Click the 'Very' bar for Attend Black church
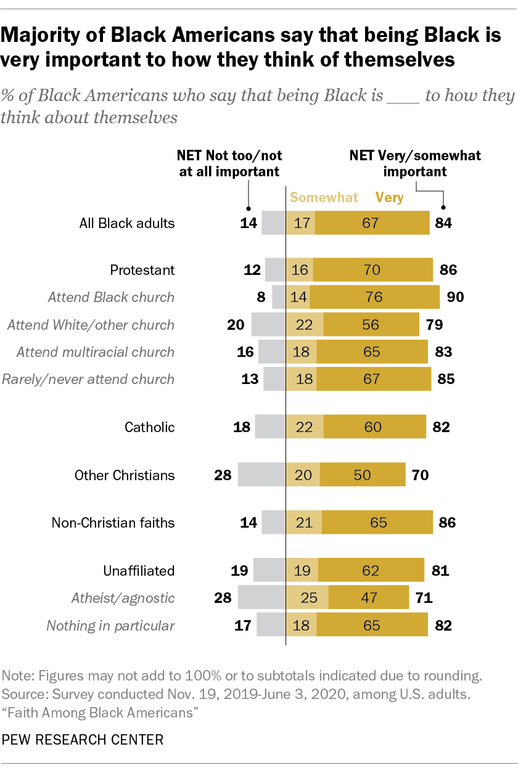(x=374, y=297)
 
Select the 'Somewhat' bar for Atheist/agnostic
(x=307, y=598)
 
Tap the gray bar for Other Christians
(x=261, y=475)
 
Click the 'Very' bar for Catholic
(x=374, y=427)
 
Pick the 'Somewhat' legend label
(x=324, y=198)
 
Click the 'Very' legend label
(x=389, y=198)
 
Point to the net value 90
(x=455, y=297)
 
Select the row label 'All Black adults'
(x=127, y=223)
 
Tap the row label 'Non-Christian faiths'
(x=113, y=523)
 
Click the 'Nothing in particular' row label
(x=110, y=626)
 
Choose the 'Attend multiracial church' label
(x=96, y=352)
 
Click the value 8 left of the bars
(x=261, y=297)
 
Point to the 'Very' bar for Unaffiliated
(x=371, y=570)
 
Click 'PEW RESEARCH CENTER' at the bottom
(x=82, y=740)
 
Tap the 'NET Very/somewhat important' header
(x=415, y=163)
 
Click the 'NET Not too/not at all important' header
(x=229, y=163)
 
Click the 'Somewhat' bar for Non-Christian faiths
(x=304, y=523)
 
